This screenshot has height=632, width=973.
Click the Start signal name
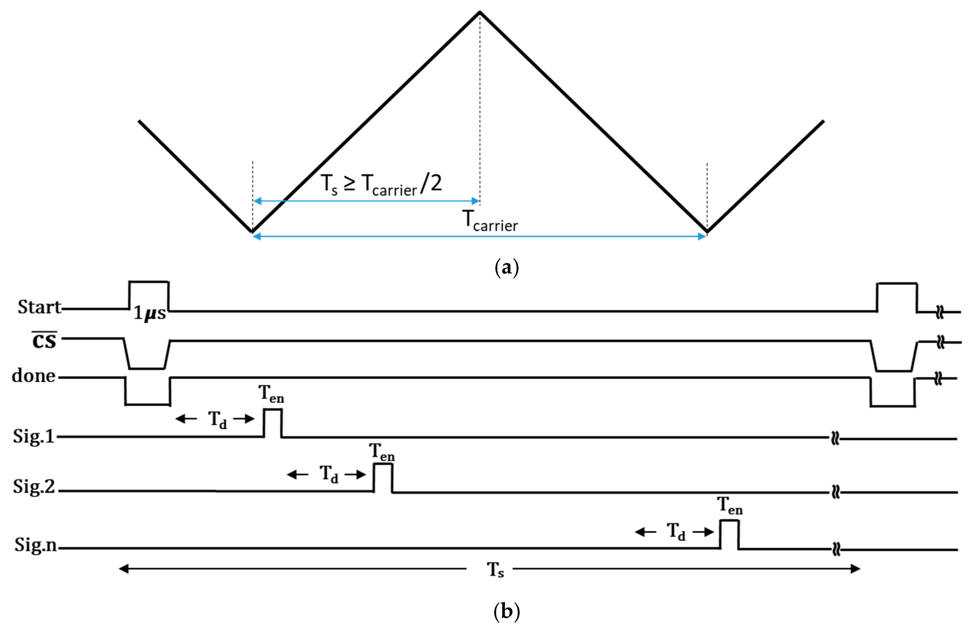pos(39,307)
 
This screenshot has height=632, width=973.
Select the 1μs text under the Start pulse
pos(150,313)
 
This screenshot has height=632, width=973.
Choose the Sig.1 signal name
pos(34,436)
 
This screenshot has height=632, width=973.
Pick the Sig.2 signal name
pos(34,486)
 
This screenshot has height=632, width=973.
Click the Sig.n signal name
pos(36,545)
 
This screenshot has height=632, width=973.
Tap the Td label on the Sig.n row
pos(676,531)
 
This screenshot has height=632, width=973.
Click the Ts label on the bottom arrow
pos(495,569)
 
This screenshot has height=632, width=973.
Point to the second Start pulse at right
pos(897,297)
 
